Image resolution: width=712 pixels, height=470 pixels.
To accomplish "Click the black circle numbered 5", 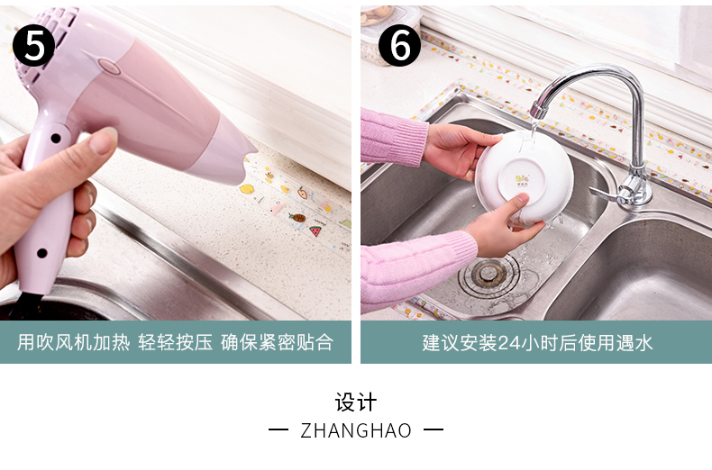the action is [33, 45].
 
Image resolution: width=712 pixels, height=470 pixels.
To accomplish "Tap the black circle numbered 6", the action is [399, 45].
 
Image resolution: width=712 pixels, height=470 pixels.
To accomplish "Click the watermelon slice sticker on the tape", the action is [315, 230].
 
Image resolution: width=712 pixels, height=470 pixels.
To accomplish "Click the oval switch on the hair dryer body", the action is [109, 67].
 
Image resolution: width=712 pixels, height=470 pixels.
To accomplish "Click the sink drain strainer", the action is [488, 272].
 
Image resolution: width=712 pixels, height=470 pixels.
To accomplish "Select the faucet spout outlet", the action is [539, 111].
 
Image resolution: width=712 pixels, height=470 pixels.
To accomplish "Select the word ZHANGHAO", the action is [356, 430].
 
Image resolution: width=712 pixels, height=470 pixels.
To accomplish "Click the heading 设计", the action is [356, 402].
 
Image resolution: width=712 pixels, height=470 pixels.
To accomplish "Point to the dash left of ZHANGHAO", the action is [278, 429].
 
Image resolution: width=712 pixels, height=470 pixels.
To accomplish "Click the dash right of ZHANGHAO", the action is [434, 429].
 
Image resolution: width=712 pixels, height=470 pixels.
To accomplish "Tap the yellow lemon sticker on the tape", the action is [247, 188].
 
